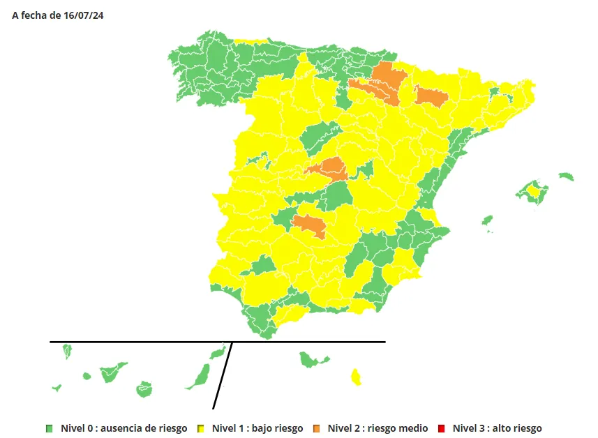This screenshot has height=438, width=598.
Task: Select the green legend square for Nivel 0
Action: pyautogui.click(x=50, y=428)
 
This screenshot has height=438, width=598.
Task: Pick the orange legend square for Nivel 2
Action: pyautogui.click(x=317, y=428)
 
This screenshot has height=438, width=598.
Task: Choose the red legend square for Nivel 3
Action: pyautogui.click(x=442, y=428)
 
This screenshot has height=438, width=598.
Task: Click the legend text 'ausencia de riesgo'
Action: pyautogui.click(x=144, y=428)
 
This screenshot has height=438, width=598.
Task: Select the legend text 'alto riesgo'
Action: pyautogui.click(x=516, y=428)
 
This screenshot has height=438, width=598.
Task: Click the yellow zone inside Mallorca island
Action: pyautogui.click(x=535, y=190)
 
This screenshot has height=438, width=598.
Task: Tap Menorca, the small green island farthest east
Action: pyautogui.click(x=566, y=176)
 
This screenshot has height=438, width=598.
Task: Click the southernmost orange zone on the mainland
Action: pyautogui.click(x=308, y=225)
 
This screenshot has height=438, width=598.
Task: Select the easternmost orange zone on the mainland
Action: pyautogui.click(x=431, y=96)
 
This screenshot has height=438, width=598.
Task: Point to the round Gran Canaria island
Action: pyautogui.click(x=144, y=388)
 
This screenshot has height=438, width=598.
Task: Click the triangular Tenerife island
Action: pyautogui.click(x=111, y=372)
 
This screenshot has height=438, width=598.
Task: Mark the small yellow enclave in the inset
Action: pyautogui.click(x=356, y=377)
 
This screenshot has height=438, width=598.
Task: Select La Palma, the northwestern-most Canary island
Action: pyautogui.click(x=68, y=350)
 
